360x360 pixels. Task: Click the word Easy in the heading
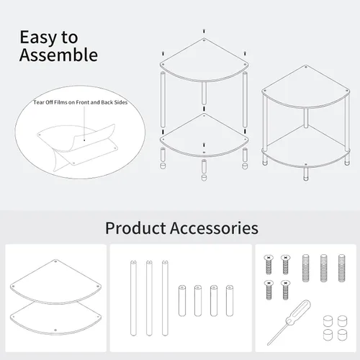pos(39,38)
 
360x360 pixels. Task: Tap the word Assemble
pos(58,55)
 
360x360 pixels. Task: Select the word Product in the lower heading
pos(135,228)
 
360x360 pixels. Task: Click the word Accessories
pos(215,228)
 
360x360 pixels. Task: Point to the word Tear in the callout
pos(38,102)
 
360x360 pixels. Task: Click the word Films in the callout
pos(60,102)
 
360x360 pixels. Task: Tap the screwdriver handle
pos(298,312)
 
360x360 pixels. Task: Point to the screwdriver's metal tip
pos(269,343)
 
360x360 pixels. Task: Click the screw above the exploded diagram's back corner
pos(204,31)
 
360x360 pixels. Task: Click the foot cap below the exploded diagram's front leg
pos(204,178)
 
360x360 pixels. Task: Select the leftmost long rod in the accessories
pos(133,298)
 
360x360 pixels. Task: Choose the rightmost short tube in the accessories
pos(230,301)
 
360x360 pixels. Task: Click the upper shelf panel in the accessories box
pos(55,282)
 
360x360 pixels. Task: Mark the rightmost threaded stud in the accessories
pos(341,268)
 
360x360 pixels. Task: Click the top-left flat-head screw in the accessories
pos(269,264)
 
